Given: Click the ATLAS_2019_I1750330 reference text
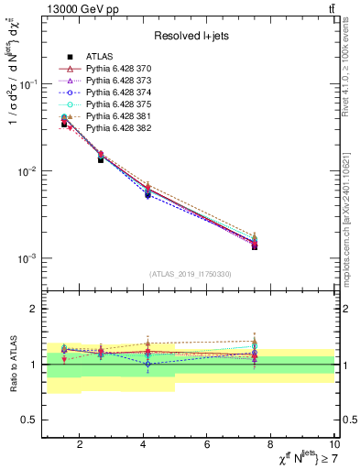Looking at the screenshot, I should pyautogui.click(x=190, y=274).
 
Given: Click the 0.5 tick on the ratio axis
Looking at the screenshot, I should pyautogui.click(x=27, y=420).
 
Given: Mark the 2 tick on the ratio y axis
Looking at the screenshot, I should pyautogui.click(x=32, y=309).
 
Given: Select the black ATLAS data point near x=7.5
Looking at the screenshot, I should pyautogui.click(x=255, y=246).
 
